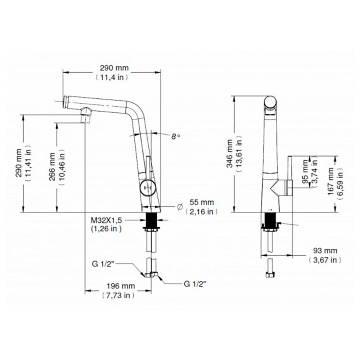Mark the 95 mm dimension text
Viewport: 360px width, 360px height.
click(x=306, y=174)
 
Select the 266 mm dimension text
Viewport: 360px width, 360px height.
click(x=53, y=167)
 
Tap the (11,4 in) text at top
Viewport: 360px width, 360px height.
click(x=112, y=77)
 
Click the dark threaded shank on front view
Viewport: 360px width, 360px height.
click(x=150, y=220)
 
